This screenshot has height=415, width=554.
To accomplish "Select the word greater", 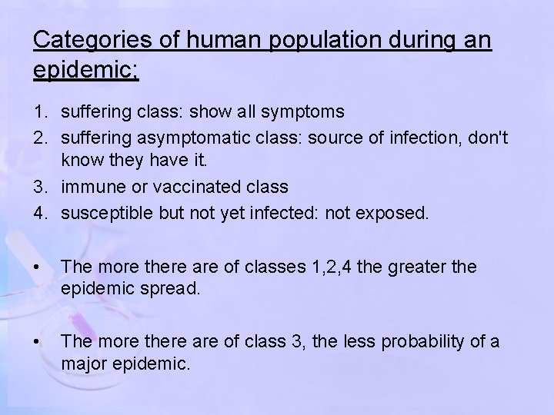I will click(420, 267).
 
